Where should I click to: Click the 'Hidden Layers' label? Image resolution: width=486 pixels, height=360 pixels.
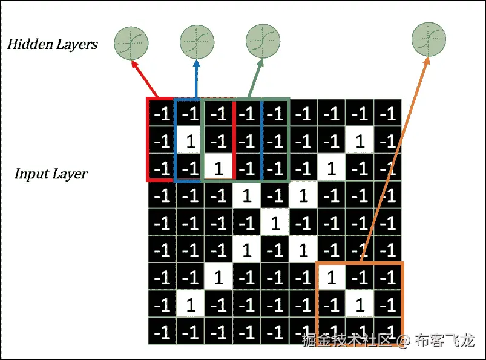(52, 44)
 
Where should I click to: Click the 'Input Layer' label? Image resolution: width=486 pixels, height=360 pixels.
(51, 174)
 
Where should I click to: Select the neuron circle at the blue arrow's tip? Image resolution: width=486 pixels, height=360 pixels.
(197, 42)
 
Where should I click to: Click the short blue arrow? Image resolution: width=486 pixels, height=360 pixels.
(195, 79)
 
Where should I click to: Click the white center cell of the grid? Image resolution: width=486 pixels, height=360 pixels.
(275, 223)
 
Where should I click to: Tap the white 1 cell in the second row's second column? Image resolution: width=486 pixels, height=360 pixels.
(190, 141)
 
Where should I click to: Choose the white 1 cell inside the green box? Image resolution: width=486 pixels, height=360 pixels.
(219, 168)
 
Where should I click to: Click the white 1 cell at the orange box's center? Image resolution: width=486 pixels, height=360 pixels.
(360, 306)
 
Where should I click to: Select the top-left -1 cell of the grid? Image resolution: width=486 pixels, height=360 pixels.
(162, 114)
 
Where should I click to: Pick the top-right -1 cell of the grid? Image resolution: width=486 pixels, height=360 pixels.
(388, 114)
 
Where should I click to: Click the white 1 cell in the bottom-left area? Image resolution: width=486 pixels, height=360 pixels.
(190, 306)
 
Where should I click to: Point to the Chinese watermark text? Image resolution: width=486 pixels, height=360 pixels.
(388, 341)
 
